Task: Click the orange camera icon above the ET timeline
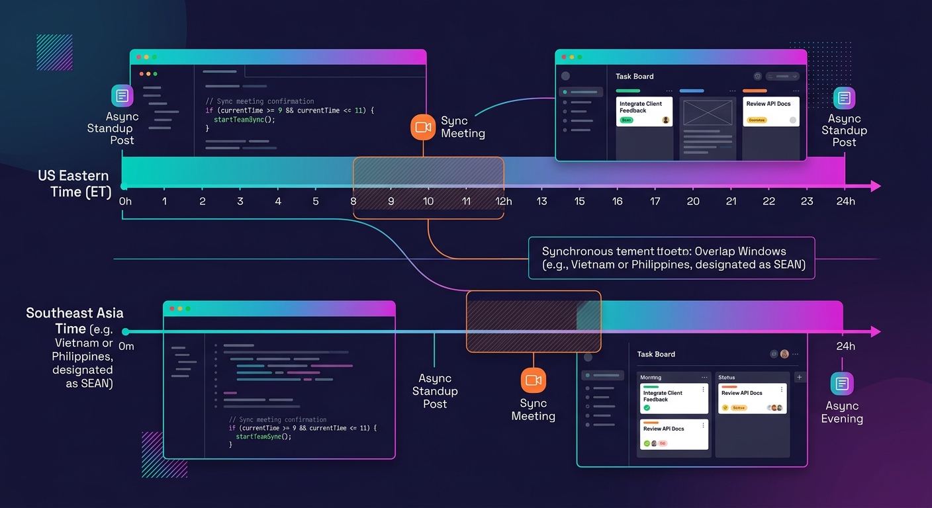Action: click(x=423, y=126)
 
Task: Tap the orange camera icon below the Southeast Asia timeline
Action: click(x=533, y=380)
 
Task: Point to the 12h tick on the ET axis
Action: click(x=504, y=201)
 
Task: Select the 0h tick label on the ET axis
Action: click(x=125, y=201)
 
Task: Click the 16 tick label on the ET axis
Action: click(x=617, y=201)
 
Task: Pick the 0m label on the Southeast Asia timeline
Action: click(x=126, y=347)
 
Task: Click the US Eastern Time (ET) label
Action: click(x=73, y=184)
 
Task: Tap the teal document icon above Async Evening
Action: click(x=842, y=384)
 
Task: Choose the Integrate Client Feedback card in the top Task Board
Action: click(x=644, y=111)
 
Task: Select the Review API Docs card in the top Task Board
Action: click(x=770, y=111)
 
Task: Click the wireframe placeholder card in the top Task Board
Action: click(x=708, y=112)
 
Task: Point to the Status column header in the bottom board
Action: click(x=727, y=377)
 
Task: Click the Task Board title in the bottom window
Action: click(x=656, y=354)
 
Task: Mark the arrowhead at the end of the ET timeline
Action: click(x=876, y=187)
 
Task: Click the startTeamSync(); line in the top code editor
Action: click(x=244, y=119)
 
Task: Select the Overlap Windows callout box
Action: click(x=671, y=258)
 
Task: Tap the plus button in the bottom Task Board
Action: click(x=799, y=377)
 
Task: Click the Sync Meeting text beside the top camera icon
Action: click(x=463, y=127)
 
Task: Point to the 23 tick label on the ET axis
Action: click(x=806, y=201)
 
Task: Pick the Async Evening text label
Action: click(x=842, y=412)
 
